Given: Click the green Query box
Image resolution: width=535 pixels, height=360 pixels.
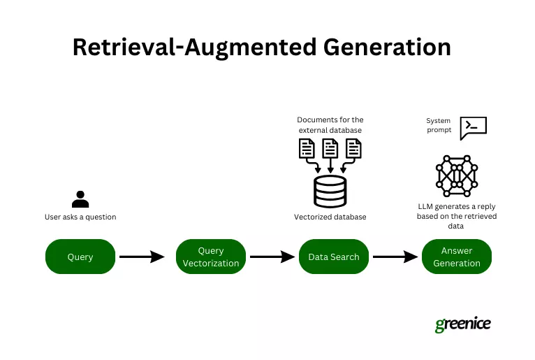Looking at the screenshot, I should coord(80,257).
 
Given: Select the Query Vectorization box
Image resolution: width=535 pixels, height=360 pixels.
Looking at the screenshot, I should coord(211,257).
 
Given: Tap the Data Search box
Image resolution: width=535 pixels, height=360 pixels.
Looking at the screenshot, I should coord(333,257).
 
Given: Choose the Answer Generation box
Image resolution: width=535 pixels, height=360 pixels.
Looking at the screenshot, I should coord(457,257).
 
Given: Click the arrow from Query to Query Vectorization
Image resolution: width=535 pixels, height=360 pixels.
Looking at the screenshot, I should coord(142,257).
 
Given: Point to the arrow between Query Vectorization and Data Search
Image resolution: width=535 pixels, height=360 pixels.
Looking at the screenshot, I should coord(272,257).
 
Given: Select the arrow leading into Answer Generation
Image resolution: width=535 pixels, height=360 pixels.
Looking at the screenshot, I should coord(395,257).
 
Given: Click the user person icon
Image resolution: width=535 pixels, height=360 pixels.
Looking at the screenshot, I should coord(80,199).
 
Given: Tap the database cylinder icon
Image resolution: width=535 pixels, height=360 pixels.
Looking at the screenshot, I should coord(330,191).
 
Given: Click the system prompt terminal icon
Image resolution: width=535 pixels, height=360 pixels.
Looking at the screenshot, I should coord(474,127).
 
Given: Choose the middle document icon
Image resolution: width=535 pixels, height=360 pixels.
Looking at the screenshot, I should coord(330,148).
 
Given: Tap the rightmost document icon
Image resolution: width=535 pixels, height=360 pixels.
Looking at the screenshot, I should coord(354,148).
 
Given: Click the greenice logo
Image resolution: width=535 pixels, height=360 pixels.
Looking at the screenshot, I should coord(462,324).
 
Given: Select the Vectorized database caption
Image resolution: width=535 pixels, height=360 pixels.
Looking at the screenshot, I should coord(330,217).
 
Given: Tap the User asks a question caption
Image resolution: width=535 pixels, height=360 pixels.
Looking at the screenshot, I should coord(80,217).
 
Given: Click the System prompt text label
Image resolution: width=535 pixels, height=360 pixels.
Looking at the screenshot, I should coord(439,125).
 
